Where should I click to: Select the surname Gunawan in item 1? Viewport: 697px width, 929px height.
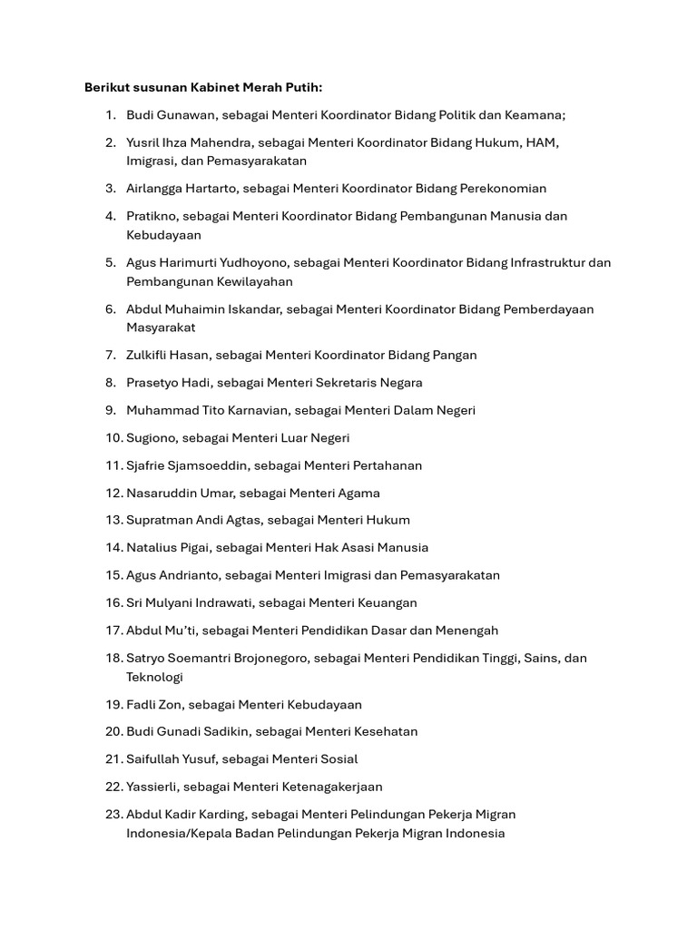coord(187,115)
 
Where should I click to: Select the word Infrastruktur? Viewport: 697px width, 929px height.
coord(542,263)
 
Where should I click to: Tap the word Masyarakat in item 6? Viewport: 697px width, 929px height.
coord(161,328)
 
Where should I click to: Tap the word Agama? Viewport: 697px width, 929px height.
coord(358,494)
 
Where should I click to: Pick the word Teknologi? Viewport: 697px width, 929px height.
coord(154,678)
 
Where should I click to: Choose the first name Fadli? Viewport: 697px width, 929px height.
coord(142,705)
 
